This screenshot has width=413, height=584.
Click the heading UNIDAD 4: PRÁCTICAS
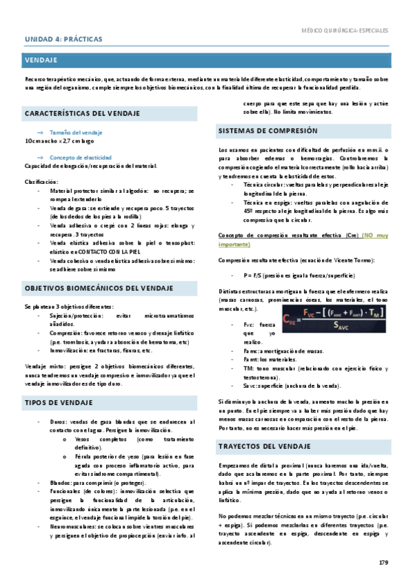pos(63,39)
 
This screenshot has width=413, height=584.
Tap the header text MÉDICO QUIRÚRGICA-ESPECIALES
pos(345,30)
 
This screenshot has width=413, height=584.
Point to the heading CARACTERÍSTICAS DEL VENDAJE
pos(82,112)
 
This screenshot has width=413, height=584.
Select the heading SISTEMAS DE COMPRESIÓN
pos(268,130)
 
